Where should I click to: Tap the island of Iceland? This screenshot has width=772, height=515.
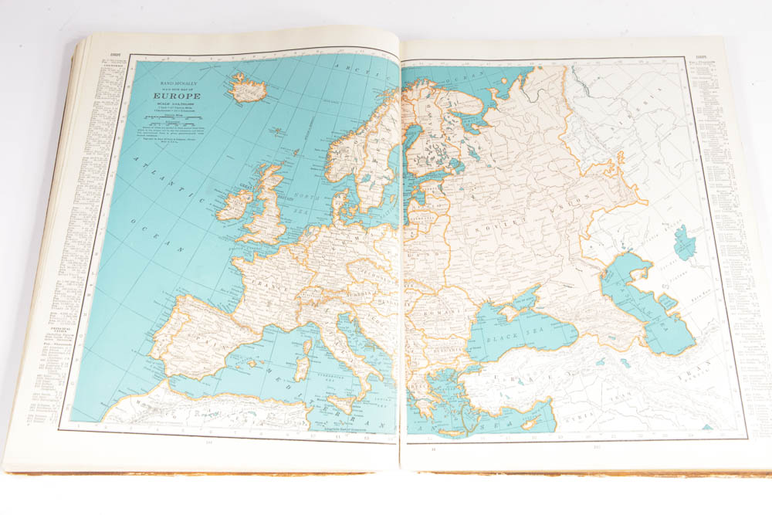(248, 86)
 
